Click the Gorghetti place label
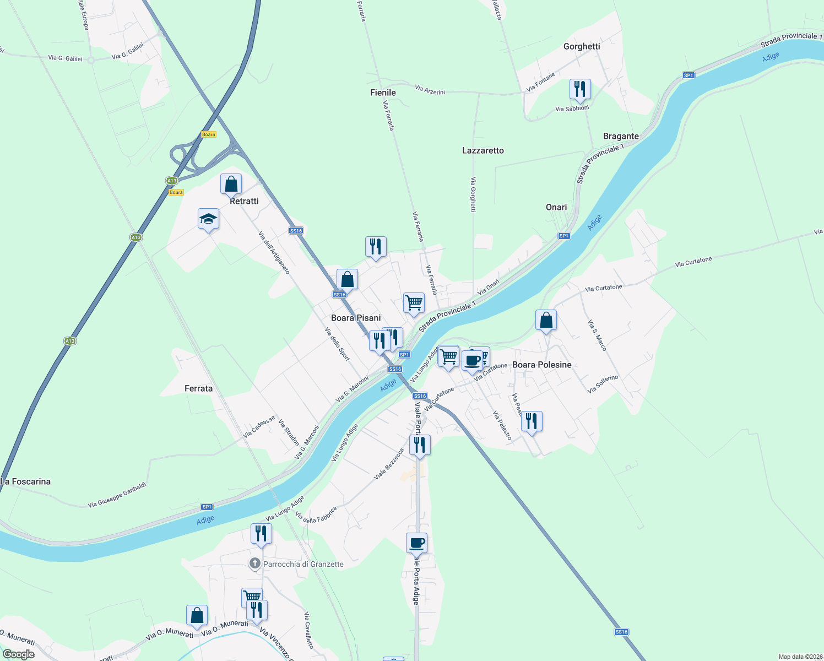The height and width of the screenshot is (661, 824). click(582, 46)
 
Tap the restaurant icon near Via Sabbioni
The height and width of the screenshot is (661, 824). click(580, 89)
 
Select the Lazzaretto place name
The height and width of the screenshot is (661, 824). click(483, 150)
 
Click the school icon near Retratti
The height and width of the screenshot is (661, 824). click(208, 219)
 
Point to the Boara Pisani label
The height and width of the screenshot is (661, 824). click(356, 318)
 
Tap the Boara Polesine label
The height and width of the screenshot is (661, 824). click(542, 365)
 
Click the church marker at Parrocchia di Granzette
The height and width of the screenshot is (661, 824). click(254, 564)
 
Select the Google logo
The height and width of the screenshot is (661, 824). click(18, 654)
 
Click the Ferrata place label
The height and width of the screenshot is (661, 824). click(198, 388)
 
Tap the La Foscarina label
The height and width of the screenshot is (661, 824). click(26, 481)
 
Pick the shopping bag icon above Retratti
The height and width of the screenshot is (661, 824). click(231, 184)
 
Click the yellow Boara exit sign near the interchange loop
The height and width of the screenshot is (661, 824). click(209, 134)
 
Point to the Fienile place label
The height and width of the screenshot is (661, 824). click(383, 93)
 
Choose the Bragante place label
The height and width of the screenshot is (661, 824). click(621, 136)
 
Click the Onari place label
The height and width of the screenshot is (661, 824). click(556, 207)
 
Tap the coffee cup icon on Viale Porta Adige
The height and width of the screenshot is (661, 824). click(416, 543)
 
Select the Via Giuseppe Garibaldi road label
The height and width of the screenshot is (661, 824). click(117, 495)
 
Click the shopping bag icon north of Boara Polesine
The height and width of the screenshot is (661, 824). click(546, 320)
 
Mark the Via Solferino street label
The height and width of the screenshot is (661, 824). click(603, 384)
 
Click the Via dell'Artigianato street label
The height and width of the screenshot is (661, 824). click(274, 252)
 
